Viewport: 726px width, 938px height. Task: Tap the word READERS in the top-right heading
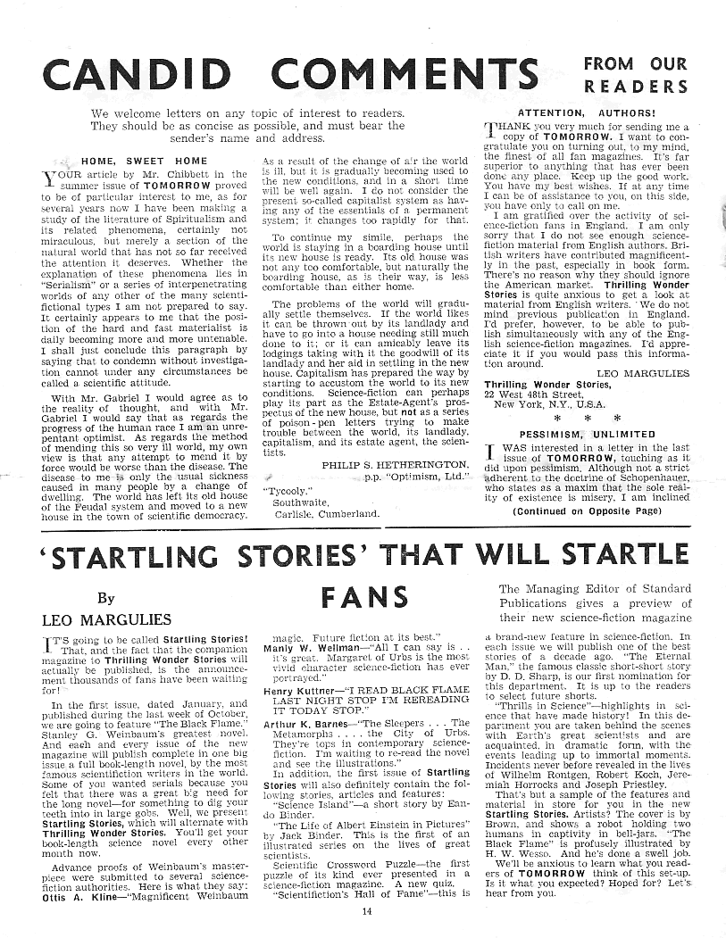(635, 87)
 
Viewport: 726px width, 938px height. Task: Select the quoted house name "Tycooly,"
(287, 489)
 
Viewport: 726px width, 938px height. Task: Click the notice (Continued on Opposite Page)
(587, 511)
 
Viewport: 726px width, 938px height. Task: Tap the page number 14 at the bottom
(367, 911)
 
